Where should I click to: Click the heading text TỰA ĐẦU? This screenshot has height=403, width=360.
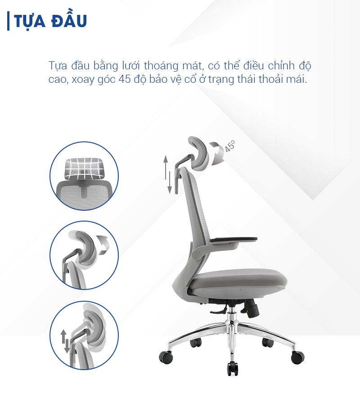tap(50, 21)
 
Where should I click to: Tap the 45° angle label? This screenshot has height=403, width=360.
tap(230, 146)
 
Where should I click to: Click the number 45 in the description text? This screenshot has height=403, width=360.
tap(124, 79)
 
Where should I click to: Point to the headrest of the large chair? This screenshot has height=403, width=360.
tap(199, 153)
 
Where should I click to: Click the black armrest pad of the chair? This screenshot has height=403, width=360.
tap(233, 240)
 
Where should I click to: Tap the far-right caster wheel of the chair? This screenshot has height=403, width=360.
tap(297, 357)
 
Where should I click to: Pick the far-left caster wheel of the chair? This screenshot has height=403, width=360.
tap(166, 357)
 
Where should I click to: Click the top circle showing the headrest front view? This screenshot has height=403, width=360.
tap(84, 176)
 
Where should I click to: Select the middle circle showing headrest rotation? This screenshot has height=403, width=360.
tap(84, 255)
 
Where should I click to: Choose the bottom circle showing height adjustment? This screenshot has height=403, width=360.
tap(84, 335)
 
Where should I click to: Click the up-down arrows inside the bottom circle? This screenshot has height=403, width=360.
tap(65, 341)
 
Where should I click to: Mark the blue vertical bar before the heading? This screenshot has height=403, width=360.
tap(8, 21)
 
